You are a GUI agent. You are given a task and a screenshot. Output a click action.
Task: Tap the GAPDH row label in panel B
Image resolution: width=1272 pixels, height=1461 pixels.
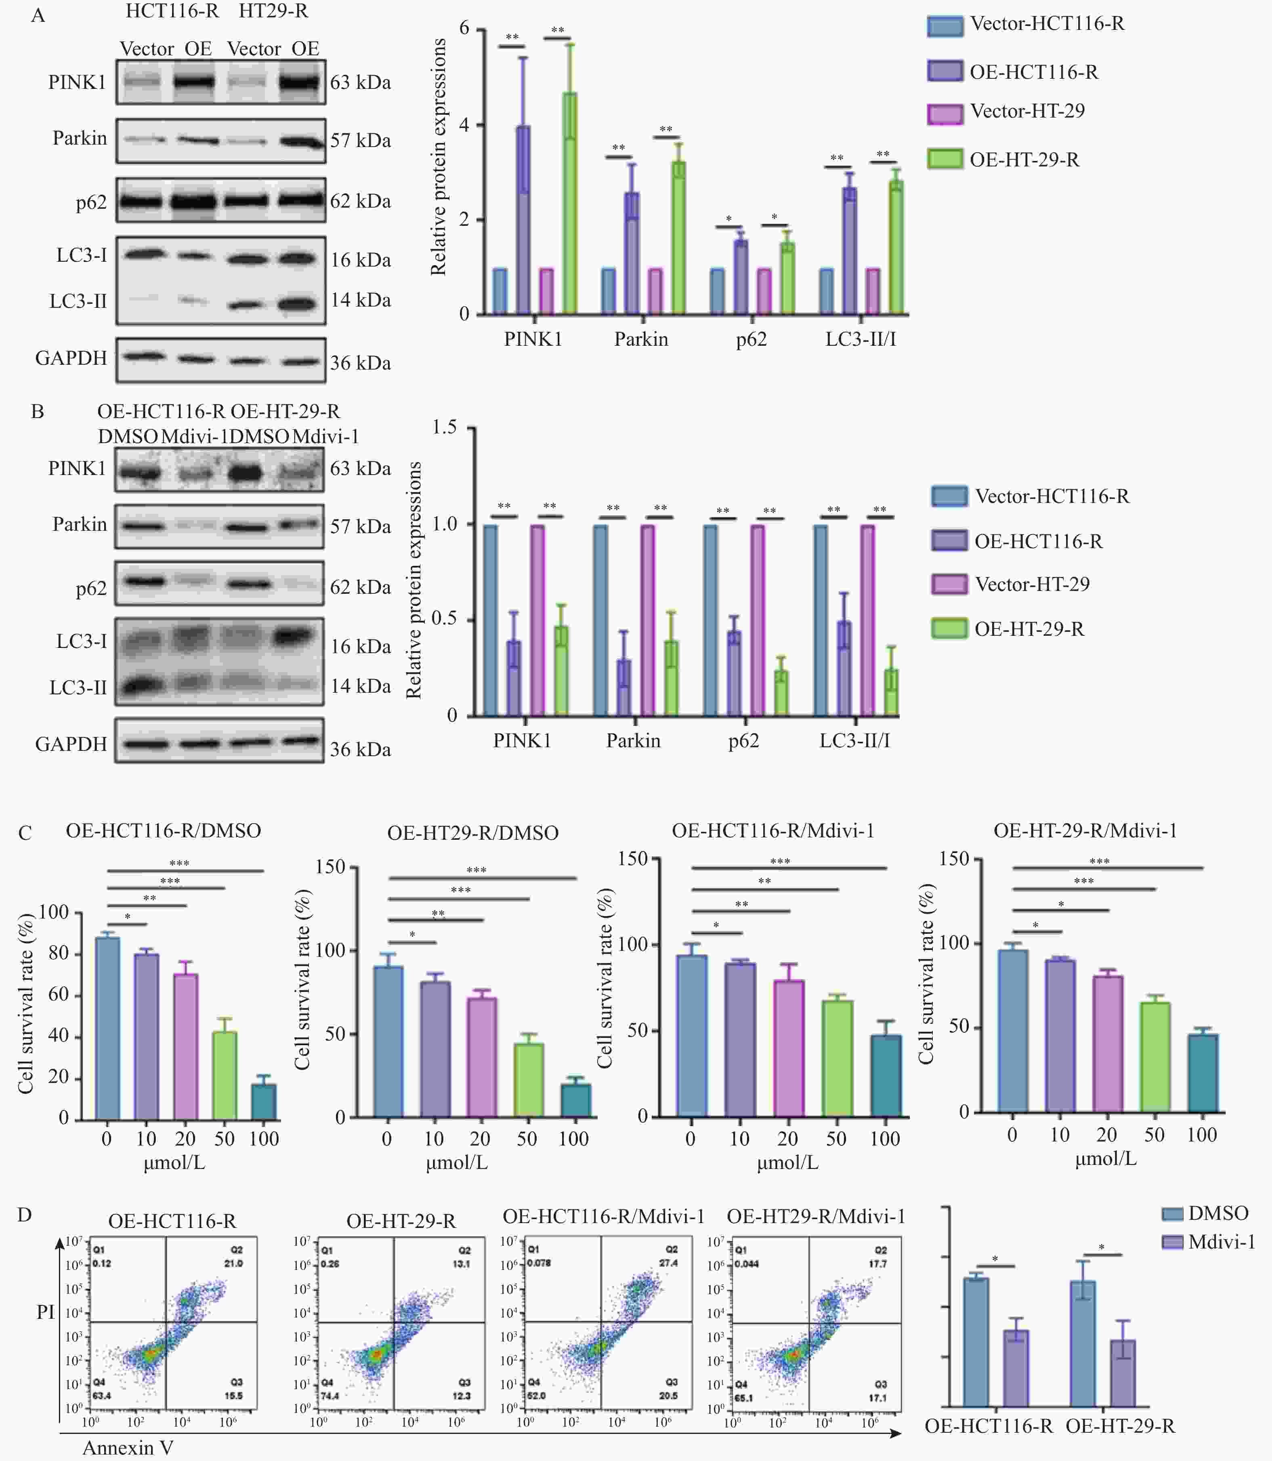point(71,744)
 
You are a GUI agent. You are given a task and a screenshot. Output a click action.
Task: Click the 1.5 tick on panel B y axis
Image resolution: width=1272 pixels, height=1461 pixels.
point(444,427)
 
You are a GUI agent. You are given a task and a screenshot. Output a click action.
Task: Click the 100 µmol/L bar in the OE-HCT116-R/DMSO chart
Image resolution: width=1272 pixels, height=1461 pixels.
point(264,1102)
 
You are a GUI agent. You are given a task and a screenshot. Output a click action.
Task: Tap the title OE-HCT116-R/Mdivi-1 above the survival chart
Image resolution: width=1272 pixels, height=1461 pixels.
point(773,830)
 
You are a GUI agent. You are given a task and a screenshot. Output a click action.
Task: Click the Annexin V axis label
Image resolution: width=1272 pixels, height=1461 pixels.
point(128,1448)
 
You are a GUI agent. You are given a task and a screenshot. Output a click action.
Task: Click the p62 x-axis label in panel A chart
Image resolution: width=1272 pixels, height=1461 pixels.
point(751,339)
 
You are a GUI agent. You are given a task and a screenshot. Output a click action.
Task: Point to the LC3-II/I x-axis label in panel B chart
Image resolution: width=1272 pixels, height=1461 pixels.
point(854,740)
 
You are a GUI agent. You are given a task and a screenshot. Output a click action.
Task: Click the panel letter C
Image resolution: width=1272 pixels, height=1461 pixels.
point(25,833)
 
